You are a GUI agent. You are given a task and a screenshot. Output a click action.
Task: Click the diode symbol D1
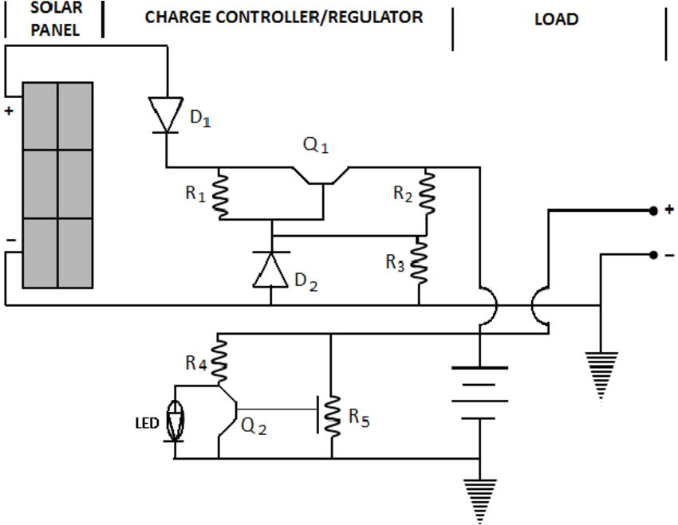pos(167,115)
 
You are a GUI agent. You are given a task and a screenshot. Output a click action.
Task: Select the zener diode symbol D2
pos(271,268)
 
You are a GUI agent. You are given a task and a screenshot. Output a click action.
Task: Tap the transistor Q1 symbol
pos(322,176)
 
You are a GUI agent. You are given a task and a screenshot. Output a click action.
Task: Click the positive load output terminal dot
pos(652,211)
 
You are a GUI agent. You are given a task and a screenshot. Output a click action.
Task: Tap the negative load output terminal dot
pos(652,254)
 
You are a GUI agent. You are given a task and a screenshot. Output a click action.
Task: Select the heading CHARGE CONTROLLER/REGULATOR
pos(284,17)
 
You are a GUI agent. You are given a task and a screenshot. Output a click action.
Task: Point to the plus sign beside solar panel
pos(9,112)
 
